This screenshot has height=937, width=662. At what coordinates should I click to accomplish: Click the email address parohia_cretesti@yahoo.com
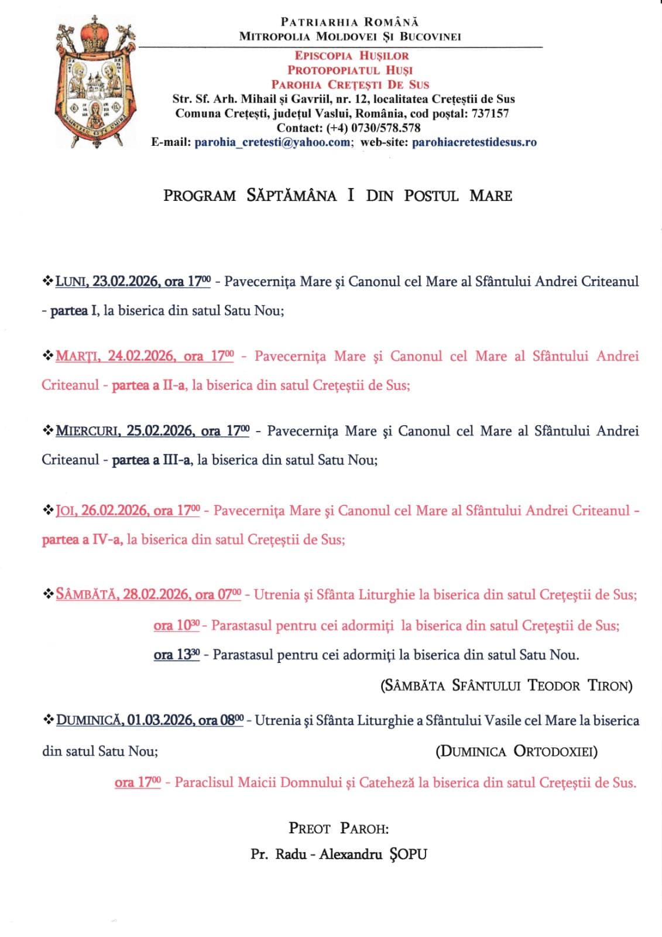click(272, 142)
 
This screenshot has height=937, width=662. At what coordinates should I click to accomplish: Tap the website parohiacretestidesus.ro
click(474, 142)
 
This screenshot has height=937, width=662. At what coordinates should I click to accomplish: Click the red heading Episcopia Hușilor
click(351, 56)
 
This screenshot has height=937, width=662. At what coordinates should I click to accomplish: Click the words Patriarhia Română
click(349, 22)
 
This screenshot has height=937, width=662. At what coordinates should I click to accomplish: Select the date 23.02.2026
click(125, 282)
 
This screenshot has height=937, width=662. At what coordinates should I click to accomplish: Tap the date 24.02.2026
click(141, 356)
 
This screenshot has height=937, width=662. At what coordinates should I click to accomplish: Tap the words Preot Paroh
click(338, 828)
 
